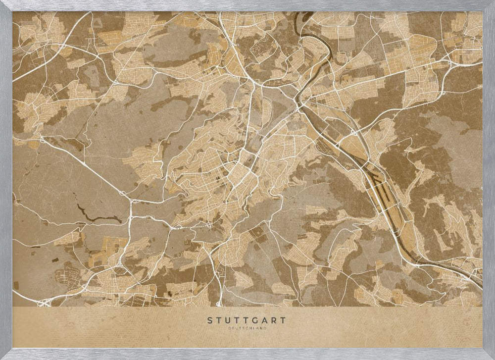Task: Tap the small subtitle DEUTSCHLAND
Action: [247, 328]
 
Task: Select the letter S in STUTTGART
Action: [210, 320]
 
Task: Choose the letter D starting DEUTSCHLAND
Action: [229, 328]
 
